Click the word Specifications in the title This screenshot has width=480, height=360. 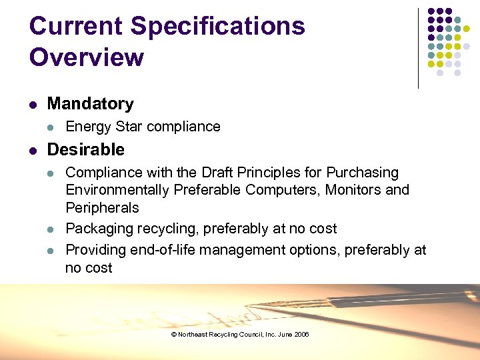tap(218, 27)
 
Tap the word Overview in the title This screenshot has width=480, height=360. tap(87, 57)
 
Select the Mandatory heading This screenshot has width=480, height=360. tap(91, 104)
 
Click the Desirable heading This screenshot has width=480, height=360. tap(86, 149)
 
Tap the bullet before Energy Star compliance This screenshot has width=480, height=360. tap(52, 127)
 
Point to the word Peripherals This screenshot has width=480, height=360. tap(102, 208)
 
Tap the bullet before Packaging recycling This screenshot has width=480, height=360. tap(52, 229)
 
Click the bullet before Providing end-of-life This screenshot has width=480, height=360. tap(52, 251)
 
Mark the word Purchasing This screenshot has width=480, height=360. tap(361, 173)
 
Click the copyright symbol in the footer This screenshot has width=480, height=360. tap(173, 335)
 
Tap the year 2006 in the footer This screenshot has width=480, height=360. tap(302, 335)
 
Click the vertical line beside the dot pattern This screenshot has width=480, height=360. tap(419, 48)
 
